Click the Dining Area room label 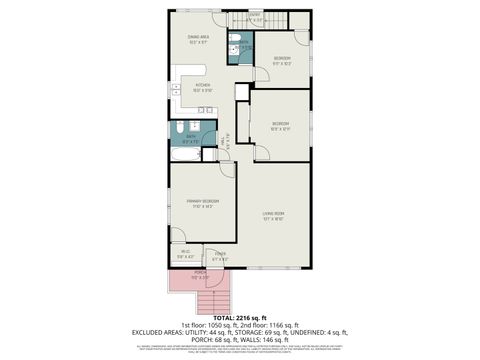[196, 40]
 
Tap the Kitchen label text [203, 87]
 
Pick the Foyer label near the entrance [219, 255]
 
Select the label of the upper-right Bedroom [283, 60]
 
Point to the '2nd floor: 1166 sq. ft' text [269, 325]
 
